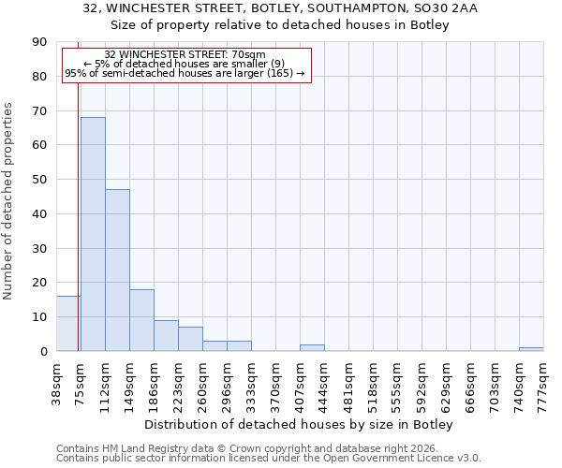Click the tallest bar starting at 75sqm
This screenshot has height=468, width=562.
point(93,234)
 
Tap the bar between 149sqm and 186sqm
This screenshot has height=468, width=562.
point(141,320)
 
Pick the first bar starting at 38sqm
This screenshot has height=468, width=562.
point(68,324)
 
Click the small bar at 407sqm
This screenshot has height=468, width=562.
point(312,348)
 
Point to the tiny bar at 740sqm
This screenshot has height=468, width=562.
point(531,349)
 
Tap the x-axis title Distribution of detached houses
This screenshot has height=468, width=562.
point(299,425)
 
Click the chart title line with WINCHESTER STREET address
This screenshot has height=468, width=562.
point(280,8)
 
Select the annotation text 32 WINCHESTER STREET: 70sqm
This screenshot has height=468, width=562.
point(185,55)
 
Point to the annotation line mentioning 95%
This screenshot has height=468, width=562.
point(185,73)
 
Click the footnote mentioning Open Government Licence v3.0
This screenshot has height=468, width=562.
point(269,459)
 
